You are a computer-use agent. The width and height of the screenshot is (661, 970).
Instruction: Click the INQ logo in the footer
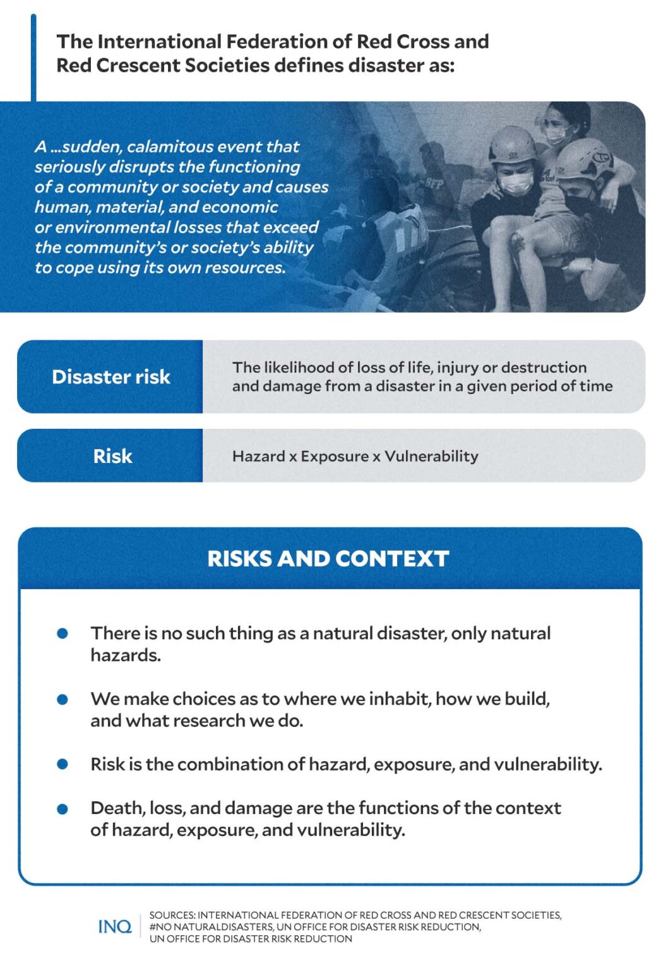115,926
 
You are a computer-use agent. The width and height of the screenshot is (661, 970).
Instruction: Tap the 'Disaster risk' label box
110,377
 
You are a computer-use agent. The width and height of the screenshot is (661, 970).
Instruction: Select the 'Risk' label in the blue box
112,456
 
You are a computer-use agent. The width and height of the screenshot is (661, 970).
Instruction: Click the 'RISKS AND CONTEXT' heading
328,559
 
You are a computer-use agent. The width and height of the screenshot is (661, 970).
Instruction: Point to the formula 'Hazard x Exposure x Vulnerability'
355,456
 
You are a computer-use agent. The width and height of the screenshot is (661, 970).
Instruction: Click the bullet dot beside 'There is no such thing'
63,633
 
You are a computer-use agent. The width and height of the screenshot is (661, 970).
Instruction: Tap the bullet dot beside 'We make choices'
63,699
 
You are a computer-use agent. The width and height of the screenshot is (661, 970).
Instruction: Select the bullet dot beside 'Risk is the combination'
63,764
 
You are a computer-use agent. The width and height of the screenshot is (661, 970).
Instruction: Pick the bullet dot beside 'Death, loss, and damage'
63,809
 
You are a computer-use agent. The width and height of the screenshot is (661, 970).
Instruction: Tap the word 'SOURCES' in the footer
172,915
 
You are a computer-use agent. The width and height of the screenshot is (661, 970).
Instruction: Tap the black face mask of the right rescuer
579,204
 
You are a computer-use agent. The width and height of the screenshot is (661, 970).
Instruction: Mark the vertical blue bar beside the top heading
33,57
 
